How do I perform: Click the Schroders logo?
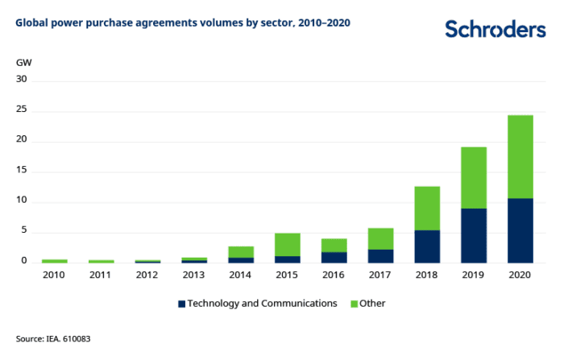tap(495, 29)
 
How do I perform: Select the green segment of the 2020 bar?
tap(520, 156)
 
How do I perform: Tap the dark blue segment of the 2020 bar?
tap(520, 230)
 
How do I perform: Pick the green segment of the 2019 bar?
tap(474, 177)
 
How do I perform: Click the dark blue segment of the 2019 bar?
tap(474, 235)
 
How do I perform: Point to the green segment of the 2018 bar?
tap(427, 208)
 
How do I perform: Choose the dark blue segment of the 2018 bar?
tap(427, 246)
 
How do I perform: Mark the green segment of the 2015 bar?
tap(288, 245)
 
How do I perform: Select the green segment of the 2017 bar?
tap(380, 238)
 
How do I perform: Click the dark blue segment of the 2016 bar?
tap(334, 258)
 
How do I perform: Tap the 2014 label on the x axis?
tap(241, 275)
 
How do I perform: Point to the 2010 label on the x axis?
tap(54, 275)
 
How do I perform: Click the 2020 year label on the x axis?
tap(520, 275)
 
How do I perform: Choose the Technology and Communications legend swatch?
tap(182, 304)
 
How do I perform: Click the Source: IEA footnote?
tap(53, 339)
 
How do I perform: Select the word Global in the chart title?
tap(31, 23)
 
